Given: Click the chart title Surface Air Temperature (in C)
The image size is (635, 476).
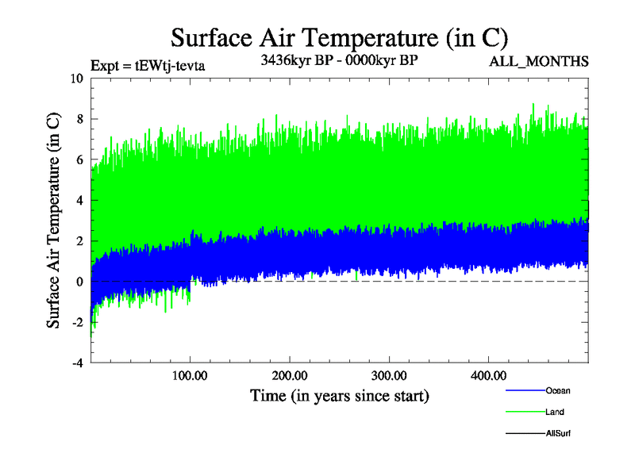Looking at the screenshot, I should [339, 38].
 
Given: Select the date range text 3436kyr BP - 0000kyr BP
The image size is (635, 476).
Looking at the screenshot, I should [339, 59].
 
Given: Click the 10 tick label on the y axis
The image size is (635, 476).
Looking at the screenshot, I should [77, 79].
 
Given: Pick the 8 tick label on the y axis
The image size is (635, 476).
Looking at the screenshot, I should [80, 119].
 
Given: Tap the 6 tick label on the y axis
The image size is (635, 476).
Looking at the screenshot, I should [80, 159].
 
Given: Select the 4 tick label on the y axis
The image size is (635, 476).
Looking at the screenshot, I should [80, 200].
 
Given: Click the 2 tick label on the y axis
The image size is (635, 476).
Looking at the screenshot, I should [80, 241].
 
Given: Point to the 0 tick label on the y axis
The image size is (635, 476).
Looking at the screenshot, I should [80, 282].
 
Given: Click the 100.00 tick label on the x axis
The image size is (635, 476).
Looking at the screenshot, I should [190, 374].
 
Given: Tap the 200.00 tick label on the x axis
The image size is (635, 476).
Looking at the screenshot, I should [289, 374].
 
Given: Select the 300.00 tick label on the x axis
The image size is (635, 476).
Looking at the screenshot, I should [389, 374].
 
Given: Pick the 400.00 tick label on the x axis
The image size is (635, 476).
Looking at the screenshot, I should [488, 374].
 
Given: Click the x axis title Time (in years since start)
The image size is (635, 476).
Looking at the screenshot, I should [339, 395].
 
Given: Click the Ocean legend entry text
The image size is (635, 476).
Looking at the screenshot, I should [557, 390].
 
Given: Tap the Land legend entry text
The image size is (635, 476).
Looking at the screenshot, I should [555, 412].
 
